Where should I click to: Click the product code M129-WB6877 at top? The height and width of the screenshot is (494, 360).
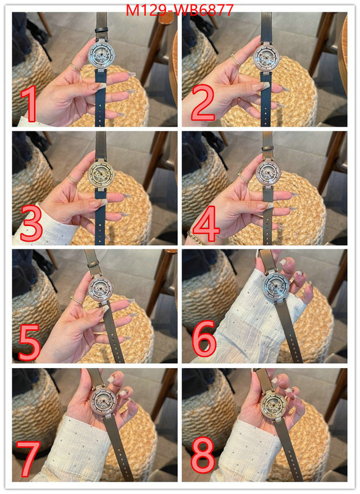click(180, 10)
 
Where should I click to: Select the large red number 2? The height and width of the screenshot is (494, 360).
click(203, 103)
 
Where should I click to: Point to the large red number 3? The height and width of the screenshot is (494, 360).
click(31, 223)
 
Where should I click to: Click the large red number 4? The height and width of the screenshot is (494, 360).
click(206, 224)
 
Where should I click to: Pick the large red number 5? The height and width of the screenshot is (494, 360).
click(30, 343)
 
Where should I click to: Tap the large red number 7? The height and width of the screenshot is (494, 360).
click(28, 459)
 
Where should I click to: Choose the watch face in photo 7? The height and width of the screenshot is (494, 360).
click(103, 401)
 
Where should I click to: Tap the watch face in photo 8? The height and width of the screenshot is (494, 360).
click(274, 404)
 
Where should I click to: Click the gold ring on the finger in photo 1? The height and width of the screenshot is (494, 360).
click(75, 67)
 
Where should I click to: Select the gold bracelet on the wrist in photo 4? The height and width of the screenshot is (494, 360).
click(195, 238)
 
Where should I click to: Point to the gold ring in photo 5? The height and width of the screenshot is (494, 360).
click(77, 300)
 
